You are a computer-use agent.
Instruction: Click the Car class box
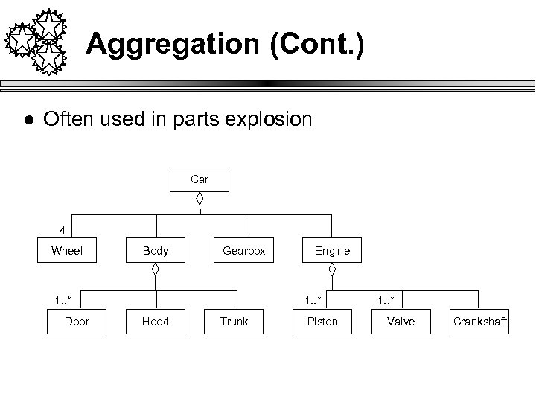(200, 179)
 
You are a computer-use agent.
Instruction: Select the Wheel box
(67, 251)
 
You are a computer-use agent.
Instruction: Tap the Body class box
(156, 251)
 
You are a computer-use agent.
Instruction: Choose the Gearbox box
(244, 251)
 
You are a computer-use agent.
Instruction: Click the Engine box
(332, 251)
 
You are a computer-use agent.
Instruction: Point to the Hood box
(156, 322)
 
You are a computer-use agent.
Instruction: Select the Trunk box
(234, 322)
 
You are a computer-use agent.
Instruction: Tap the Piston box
(322, 322)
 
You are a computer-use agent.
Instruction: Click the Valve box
(401, 322)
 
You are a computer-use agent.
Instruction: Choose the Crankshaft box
(480, 322)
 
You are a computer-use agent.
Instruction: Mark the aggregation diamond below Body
(156, 271)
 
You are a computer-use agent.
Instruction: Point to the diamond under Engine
(333, 271)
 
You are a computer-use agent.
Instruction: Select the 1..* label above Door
(63, 300)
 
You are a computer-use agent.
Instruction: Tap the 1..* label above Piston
(313, 300)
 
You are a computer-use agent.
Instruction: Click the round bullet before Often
(27, 120)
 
